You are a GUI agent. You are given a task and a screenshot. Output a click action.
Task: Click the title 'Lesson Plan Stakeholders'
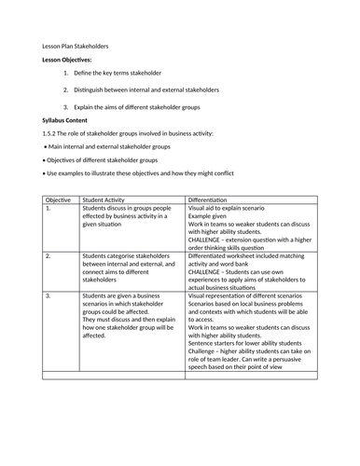tap(76, 45)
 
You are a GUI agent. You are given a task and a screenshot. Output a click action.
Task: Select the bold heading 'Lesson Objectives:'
tap(67, 59)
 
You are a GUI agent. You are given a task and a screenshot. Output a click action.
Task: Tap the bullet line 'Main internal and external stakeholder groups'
tap(111, 147)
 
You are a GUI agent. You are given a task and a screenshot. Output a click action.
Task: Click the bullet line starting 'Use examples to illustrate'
tap(148, 173)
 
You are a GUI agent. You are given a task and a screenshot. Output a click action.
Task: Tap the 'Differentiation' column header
tap(214, 199)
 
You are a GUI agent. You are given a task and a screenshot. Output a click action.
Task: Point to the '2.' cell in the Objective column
tap(48, 254)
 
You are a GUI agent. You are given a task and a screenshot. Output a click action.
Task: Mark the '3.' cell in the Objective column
tap(48, 295)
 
